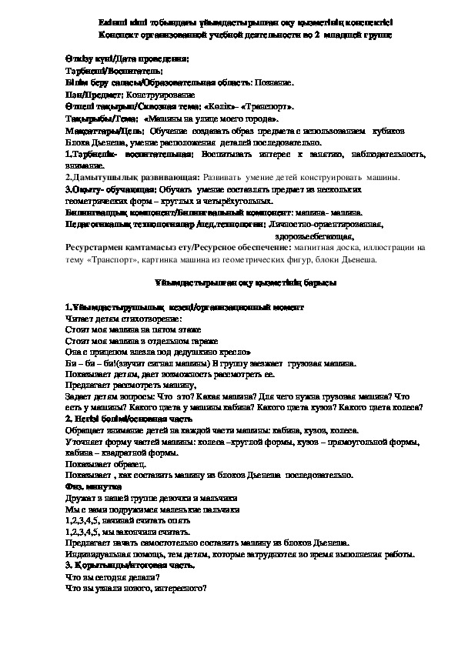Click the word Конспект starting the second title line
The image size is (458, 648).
click(120, 35)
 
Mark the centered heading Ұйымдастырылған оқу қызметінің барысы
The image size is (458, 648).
click(229, 282)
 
